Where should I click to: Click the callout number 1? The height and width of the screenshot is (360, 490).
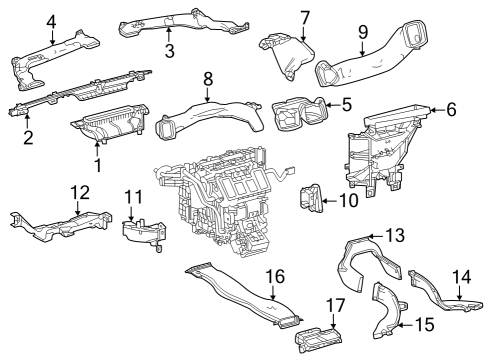(98, 163)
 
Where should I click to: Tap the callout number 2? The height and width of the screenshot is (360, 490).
(28, 137)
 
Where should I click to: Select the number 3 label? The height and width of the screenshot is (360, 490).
(169, 50)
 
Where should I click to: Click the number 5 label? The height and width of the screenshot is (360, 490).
(346, 103)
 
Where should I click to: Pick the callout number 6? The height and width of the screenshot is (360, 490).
(451, 109)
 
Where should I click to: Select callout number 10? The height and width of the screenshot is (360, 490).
(348, 200)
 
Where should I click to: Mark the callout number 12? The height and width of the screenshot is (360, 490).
(79, 191)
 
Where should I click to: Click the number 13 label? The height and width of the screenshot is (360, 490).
(395, 235)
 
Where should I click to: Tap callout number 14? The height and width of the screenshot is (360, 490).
(461, 277)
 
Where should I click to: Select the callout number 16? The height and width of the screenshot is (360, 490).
(274, 276)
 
